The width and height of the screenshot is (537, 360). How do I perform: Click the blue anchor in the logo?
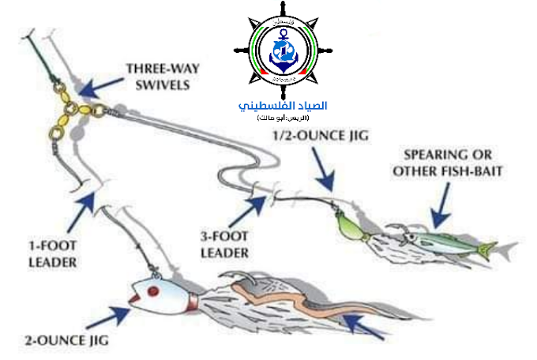[x=282, y=50]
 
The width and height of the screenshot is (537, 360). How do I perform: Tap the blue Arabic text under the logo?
[x=283, y=105]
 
